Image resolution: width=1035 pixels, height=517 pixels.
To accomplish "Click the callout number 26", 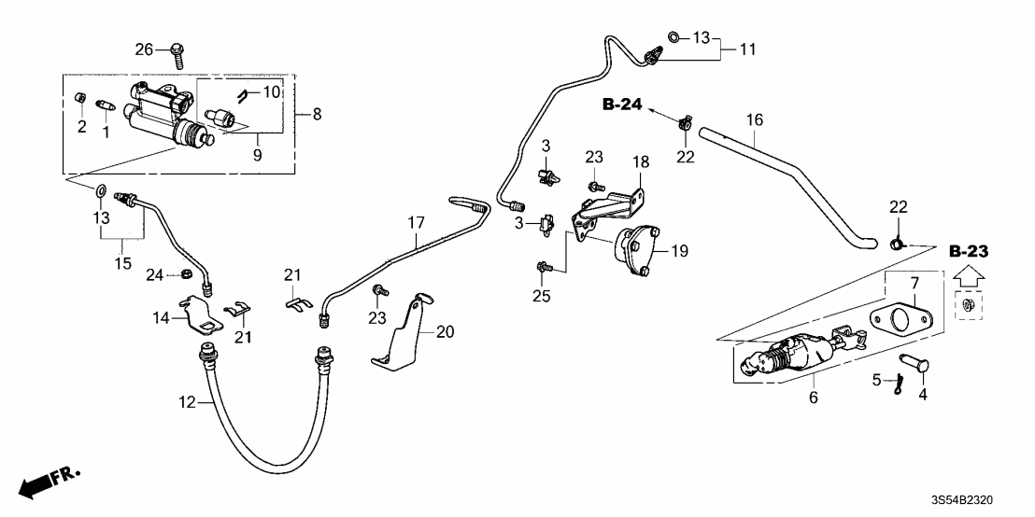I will (x=142, y=49).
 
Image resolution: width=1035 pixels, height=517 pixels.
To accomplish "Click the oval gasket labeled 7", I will (x=897, y=317).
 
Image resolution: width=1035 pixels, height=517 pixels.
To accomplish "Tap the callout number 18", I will (x=641, y=161).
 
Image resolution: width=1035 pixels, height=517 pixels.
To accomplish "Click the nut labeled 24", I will (x=186, y=274).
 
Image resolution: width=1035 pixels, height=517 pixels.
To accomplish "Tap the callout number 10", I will (x=272, y=91).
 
